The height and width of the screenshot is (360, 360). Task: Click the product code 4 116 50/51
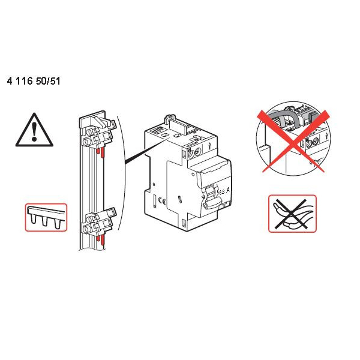click(x=34, y=80)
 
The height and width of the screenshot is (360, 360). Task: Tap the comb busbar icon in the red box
click(x=46, y=217)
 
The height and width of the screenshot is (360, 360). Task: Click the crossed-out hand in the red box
click(x=292, y=214)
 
